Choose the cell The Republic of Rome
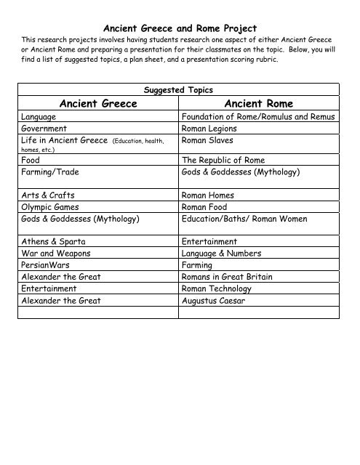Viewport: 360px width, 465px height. pyautogui.click(x=223, y=160)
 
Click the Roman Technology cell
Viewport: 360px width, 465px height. pyautogui.click(x=222, y=288)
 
